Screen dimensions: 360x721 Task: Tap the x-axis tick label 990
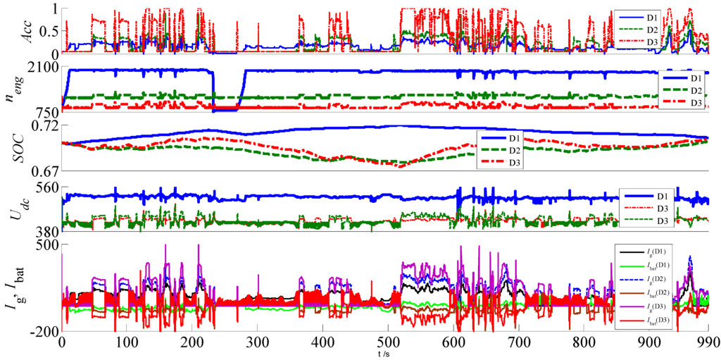pyautogui.click(x=707, y=341)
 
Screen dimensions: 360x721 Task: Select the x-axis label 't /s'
pyautogui.click(x=384, y=352)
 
